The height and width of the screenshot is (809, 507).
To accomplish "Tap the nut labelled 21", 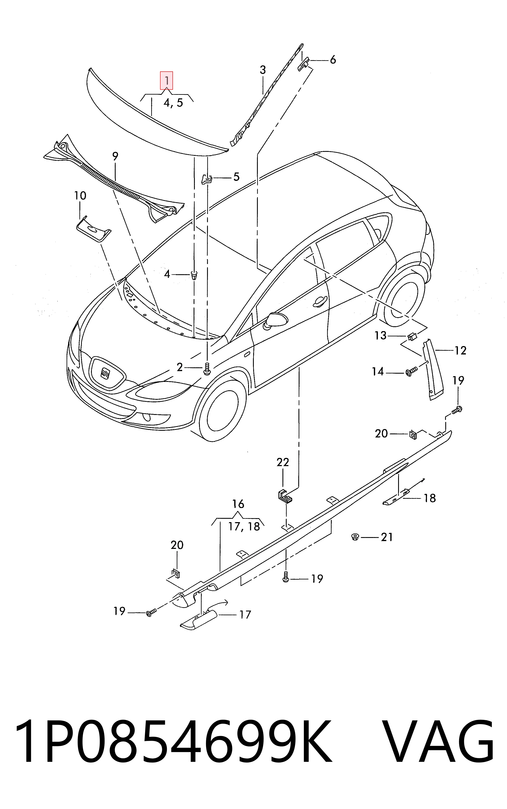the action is click(354, 537).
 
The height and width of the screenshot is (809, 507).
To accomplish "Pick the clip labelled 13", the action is click(412, 335).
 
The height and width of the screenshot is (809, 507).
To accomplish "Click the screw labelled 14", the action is click(411, 372).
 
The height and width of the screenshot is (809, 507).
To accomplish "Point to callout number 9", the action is click(115, 156).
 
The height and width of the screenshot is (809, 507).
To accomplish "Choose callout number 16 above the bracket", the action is click(238, 504).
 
